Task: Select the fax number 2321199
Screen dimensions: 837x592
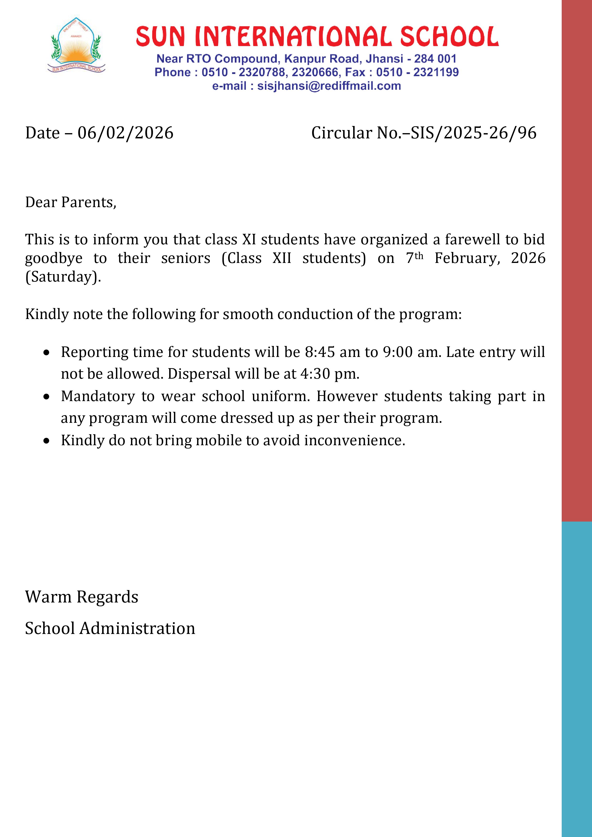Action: [x=436, y=72]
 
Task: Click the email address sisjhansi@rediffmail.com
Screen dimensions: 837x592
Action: [x=329, y=86]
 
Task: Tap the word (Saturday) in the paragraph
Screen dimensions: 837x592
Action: [x=63, y=277]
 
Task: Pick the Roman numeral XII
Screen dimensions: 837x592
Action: [x=282, y=258]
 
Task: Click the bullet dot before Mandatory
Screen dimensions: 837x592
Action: [x=46, y=397]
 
